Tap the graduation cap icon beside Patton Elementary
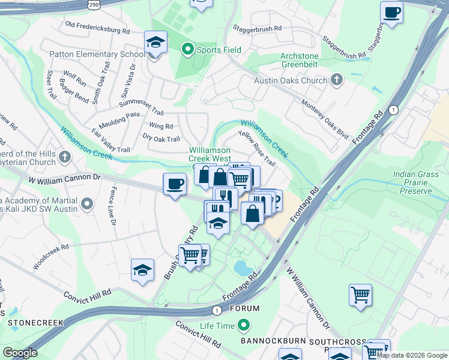pos(155,43)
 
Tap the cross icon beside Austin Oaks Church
pos(337,80)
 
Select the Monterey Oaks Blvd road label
pos(325,119)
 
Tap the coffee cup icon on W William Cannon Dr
pos(175,183)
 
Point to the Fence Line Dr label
pos(112,206)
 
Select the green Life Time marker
pos(244,326)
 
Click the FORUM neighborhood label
pos(244,308)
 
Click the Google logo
pos(20,353)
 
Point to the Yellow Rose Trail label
pos(257,149)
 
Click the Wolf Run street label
pos(74,78)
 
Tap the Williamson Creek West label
pos(209,154)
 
